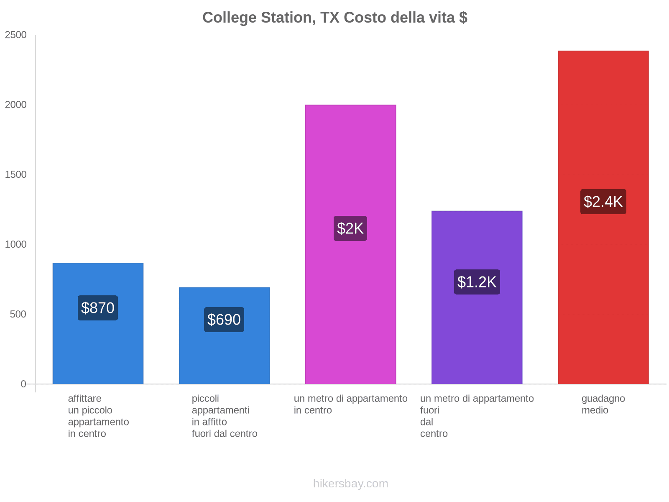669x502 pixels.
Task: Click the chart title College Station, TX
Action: click(334, 18)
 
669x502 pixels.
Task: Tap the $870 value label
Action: click(98, 308)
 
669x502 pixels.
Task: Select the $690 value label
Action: click(224, 320)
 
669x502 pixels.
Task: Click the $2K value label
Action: click(350, 228)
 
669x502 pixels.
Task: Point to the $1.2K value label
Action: click(477, 282)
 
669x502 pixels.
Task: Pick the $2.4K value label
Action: click(603, 202)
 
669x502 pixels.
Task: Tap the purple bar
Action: click(477, 335)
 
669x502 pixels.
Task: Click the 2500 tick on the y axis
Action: click(16, 35)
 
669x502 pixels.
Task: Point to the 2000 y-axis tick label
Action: click(16, 105)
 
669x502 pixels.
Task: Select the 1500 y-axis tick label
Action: click(16, 175)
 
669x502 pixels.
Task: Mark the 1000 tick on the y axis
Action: click(16, 245)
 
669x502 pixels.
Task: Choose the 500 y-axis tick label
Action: click(18, 314)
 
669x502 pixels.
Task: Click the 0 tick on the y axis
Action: click(23, 384)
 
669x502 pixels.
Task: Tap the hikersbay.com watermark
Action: click(350, 484)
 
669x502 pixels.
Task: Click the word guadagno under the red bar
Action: click(603, 399)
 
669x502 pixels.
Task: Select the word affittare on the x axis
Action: click(84, 399)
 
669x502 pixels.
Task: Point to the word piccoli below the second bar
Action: click(205, 399)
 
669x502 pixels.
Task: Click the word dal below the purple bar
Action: click(426, 422)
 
